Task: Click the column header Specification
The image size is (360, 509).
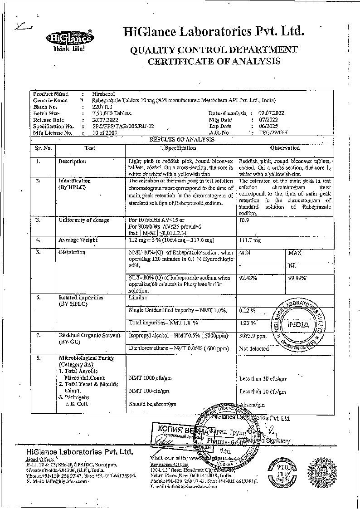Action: (x=180, y=148)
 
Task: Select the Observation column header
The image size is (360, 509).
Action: (x=285, y=148)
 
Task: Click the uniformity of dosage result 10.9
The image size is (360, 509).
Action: (x=244, y=220)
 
